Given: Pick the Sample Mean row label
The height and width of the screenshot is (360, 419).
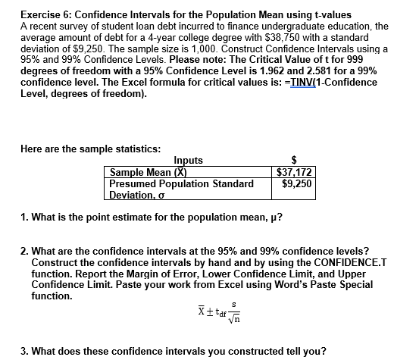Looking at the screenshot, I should (x=150, y=173).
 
